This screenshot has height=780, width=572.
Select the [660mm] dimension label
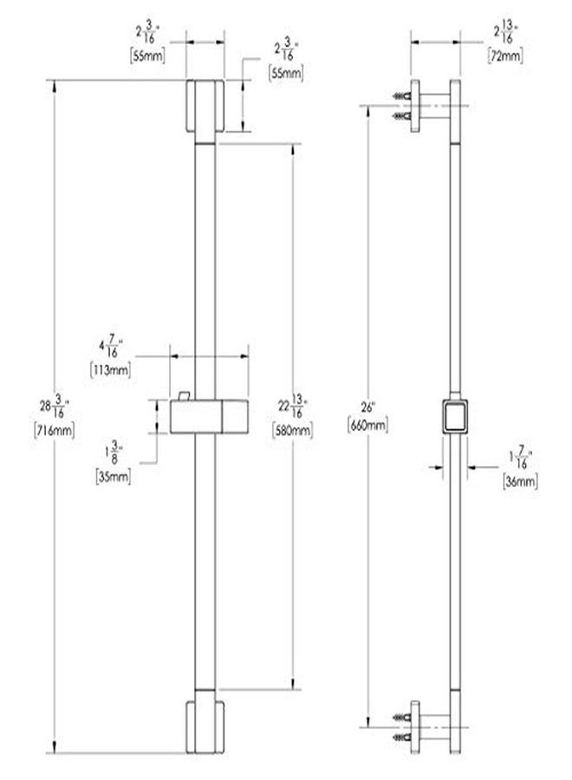click(368, 425)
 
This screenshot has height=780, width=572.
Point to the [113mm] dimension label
click(110, 369)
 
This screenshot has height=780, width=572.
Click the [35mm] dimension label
click(114, 476)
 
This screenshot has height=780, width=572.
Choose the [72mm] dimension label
click(505, 55)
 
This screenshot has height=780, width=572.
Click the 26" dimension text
click(368, 407)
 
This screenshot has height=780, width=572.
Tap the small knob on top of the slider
click(184, 395)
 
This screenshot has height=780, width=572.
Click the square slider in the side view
click(455, 416)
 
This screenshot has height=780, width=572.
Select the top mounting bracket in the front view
click(205, 106)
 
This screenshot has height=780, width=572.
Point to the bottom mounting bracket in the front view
click(205, 727)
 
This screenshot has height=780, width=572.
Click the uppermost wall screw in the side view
click(402, 95)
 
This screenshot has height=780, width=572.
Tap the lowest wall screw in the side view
click(402, 737)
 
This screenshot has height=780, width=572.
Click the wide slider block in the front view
click(209, 416)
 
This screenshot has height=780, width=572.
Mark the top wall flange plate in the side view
click(415, 106)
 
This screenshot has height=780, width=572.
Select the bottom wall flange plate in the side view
click(415, 727)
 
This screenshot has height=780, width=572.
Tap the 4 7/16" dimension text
click(111, 346)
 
